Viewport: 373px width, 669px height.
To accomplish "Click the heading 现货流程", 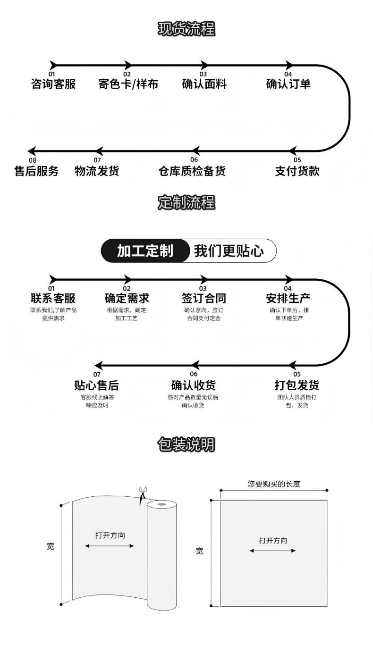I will click(186, 29).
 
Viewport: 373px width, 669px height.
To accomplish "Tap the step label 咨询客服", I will click(53, 84).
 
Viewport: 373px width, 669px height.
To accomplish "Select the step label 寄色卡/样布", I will click(128, 84).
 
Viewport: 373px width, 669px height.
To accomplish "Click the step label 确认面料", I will click(204, 84).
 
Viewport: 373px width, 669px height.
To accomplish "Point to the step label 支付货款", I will click(297, 171).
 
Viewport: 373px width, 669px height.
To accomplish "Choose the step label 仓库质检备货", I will click(192, 171).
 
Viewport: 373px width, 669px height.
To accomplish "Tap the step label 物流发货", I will click(97, 171).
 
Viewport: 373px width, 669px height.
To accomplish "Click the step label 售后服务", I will click(36, 171).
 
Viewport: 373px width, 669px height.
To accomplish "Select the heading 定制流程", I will click(186, 203).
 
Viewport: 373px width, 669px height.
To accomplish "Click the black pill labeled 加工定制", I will click(145, 251).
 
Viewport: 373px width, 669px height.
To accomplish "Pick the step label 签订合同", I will click(203, 298).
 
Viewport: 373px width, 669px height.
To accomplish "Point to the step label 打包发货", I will click(297, 385).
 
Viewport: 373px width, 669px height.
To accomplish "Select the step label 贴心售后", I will click(97, 385).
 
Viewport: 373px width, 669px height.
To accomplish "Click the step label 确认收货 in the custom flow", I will click(193, 385).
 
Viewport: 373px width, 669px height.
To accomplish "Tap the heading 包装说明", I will click(186, 444).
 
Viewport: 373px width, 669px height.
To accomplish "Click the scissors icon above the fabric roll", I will click(141, 495).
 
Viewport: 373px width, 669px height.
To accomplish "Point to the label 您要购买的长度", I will click(274, 484).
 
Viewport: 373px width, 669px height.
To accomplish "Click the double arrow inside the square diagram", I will click(272, 551).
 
